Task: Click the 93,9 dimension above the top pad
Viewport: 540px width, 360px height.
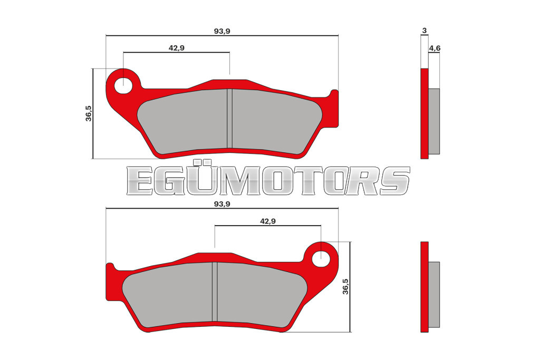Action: point(222,31)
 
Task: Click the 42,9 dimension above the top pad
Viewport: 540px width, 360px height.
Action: point(176,48)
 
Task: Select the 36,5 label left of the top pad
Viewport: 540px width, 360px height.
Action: point(89,113)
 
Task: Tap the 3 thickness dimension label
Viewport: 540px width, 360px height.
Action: point(425,30)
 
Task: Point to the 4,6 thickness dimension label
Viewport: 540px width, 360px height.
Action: point(435,48)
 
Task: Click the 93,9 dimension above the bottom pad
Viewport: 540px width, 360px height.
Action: point(222,204)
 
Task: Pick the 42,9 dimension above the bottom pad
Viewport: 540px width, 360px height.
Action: point(267,221)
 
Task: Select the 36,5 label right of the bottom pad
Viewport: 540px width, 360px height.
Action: point(345,286)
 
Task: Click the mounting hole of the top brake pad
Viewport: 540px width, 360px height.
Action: point(123,85)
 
